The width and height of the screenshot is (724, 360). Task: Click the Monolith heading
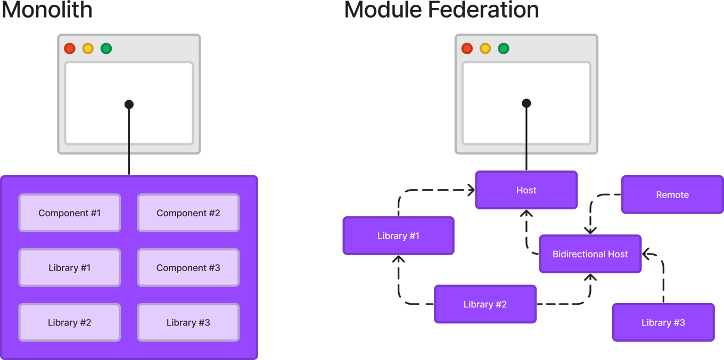[x=47, y=10]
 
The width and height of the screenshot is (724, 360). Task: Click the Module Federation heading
[x=441, y=10]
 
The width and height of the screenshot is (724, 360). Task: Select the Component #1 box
[x=70, y=213]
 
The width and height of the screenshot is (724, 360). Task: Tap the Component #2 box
[x=188, y=213]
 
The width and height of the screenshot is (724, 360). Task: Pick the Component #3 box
[x=188, y=268]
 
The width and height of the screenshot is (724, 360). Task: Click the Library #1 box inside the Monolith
[x=70, y=268]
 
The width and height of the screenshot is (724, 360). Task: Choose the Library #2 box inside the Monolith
[x=70, y=323]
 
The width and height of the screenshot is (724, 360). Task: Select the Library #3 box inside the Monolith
[x=188, y=323]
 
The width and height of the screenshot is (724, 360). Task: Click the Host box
[x=526, y=190]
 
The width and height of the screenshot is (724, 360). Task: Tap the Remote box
[x=672, y=195]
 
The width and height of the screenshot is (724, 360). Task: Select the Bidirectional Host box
[x=590, y=255]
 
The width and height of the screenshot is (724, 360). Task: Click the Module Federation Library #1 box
[x=398, y=236]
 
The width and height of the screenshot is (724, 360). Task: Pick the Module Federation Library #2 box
[x=485, y=305]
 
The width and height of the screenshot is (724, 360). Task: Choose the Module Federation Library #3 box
[x=663, y=323]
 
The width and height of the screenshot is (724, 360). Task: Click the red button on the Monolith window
[x=70, y=48]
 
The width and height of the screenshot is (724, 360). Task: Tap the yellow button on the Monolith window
[x=88, y=48]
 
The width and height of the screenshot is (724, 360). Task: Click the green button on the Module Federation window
[x=504, y=48]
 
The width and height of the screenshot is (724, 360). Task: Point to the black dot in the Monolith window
[x=129, y=104]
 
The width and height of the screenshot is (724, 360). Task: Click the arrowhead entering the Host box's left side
[x=471, y=190]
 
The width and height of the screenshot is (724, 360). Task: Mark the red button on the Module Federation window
[x=467, y=48]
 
